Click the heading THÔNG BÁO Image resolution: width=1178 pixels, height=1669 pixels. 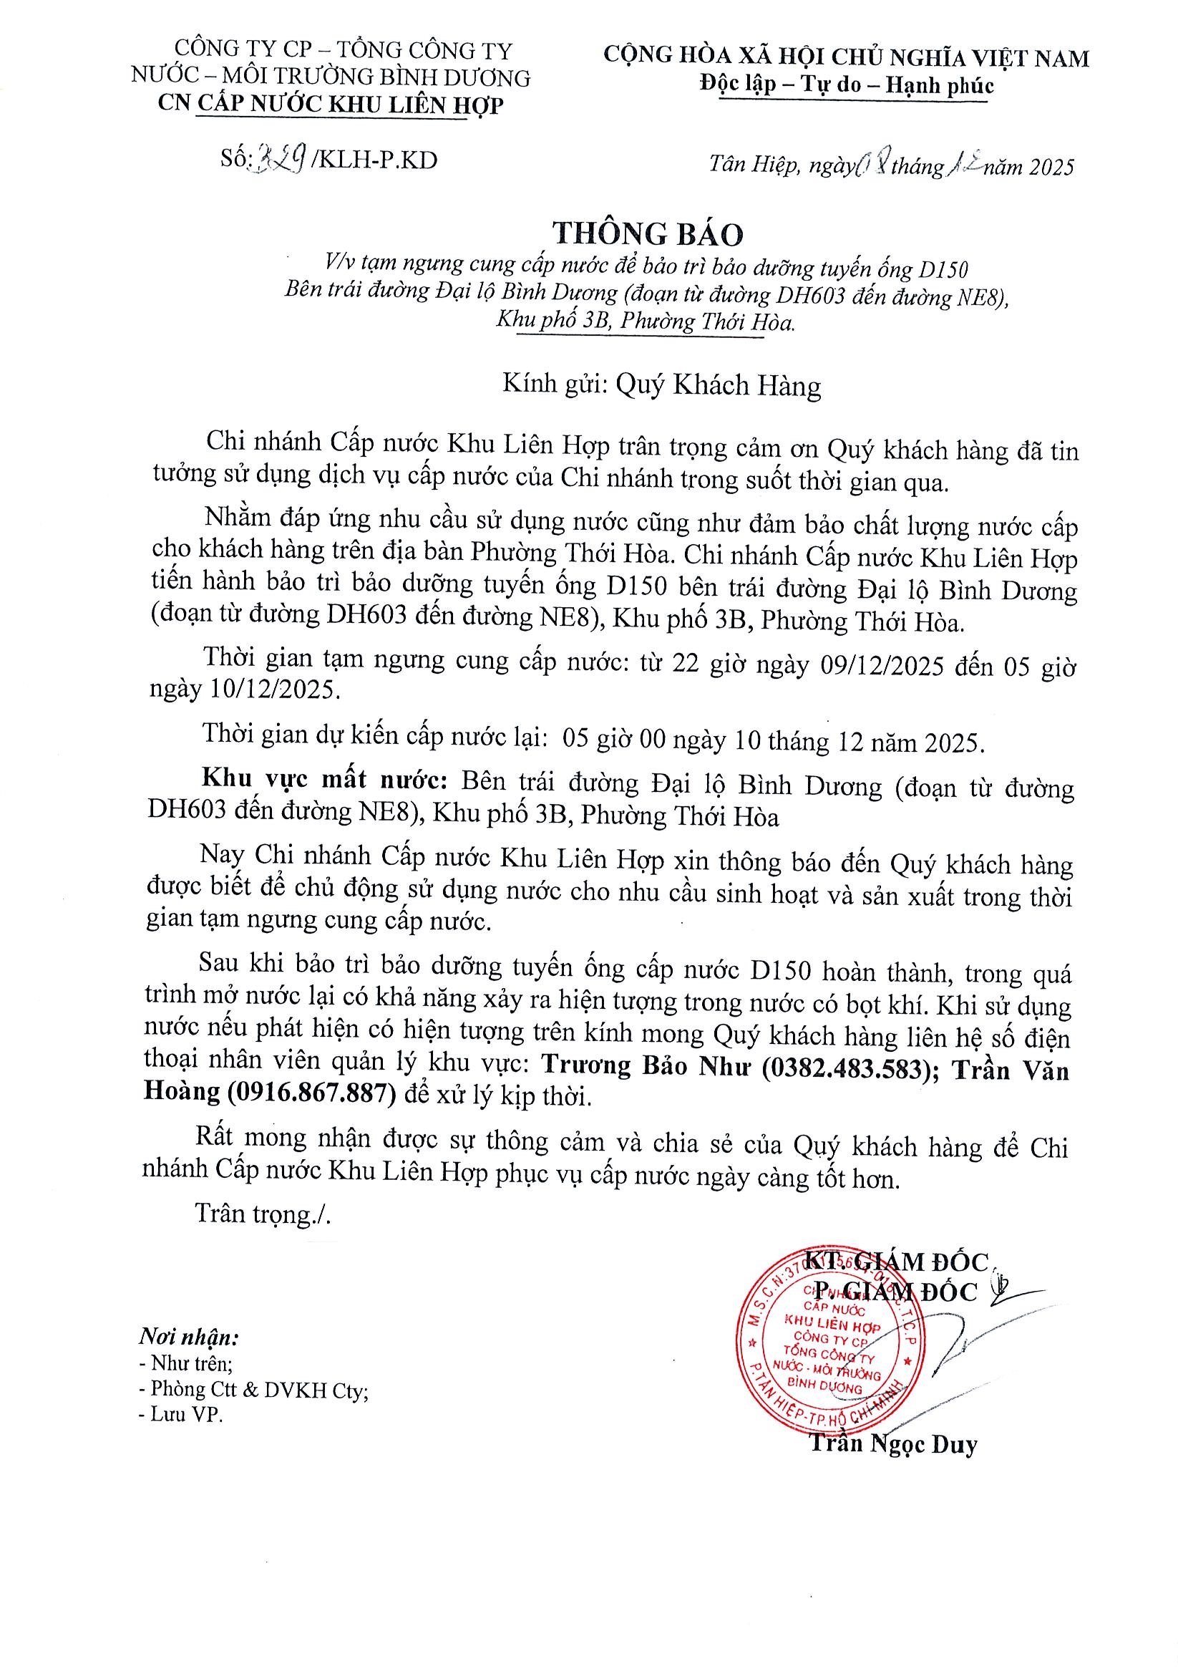click(648, 234)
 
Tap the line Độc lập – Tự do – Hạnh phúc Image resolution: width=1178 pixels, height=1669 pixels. click(847, 86)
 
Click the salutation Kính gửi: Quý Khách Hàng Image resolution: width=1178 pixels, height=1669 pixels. click(661, 384)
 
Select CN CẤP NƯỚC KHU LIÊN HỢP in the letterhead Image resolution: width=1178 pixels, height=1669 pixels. click(331, 105)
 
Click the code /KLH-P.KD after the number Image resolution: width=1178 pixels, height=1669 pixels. click(375, 160)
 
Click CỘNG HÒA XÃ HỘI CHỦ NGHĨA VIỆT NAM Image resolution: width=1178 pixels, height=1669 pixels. click(847, 57)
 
